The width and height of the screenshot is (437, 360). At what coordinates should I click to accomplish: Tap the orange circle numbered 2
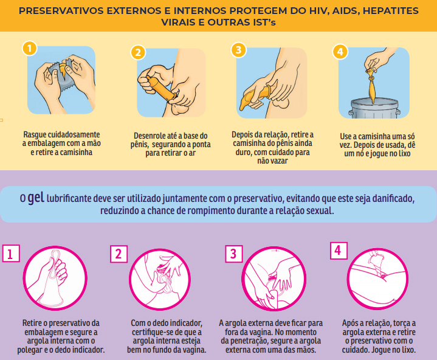click(138, 52)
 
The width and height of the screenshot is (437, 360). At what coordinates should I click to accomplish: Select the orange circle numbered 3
click(239, 49)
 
